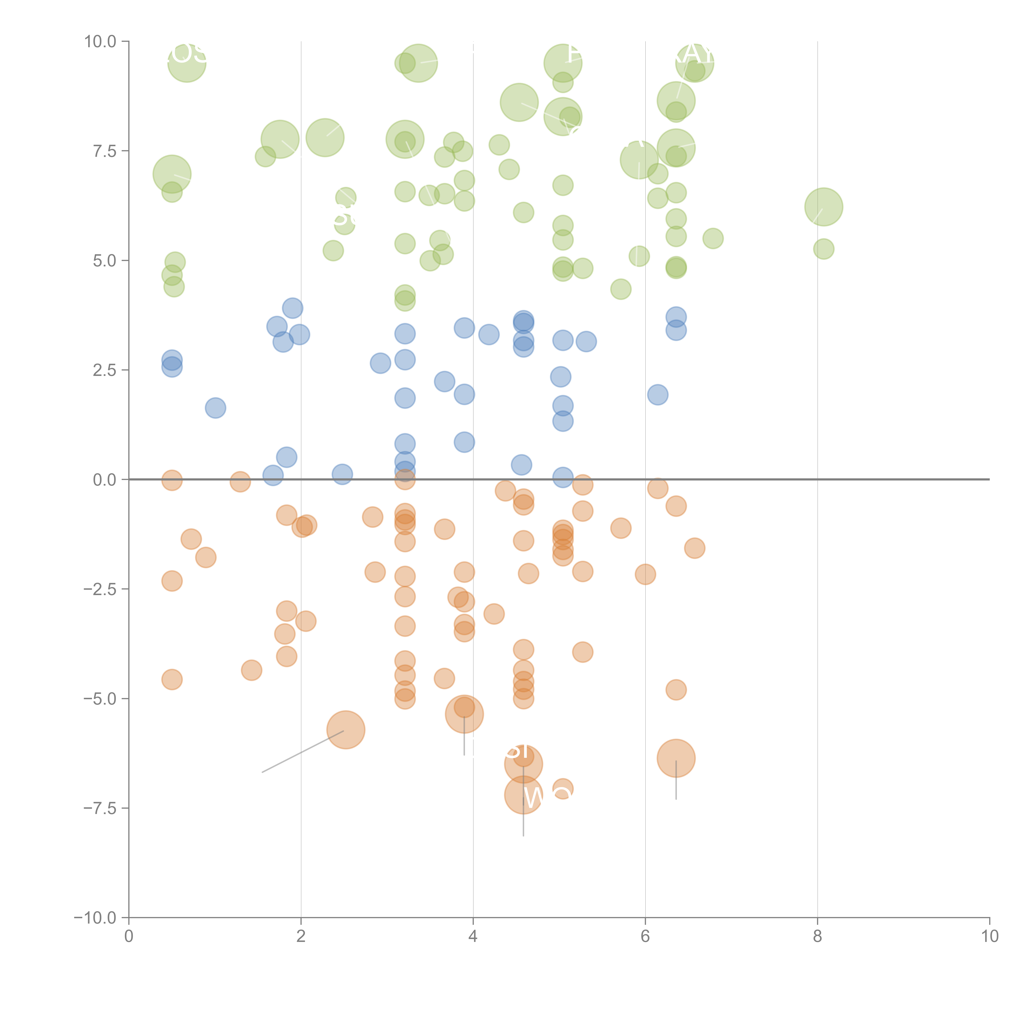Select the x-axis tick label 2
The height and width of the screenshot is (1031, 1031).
point(301,937)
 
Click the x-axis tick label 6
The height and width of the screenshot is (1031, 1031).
point(645,937)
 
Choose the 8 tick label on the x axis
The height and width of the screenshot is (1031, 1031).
point(818,937)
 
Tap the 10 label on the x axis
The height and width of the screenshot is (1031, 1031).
point(989,937)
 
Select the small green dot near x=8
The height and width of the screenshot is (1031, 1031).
point(823,249)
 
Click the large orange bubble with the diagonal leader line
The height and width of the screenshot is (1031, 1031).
point(346,730)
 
